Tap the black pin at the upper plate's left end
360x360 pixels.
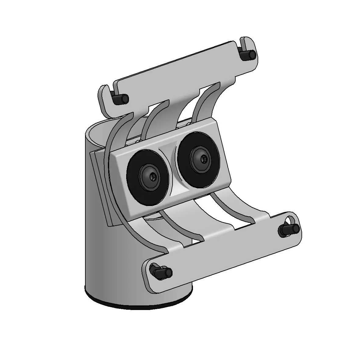pos(120,99)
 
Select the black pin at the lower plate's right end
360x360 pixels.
pos(289,229)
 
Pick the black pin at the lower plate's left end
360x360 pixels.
pos(161,272)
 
